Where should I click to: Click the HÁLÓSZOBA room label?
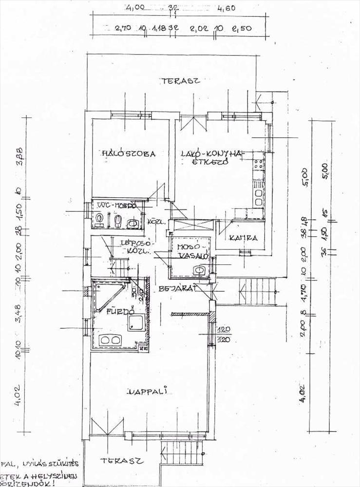click(x=128, y=154)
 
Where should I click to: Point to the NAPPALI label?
click(x=147, y=391)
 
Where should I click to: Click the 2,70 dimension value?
click(x=122, y=29)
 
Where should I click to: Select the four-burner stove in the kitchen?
click(x=258, y=164)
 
